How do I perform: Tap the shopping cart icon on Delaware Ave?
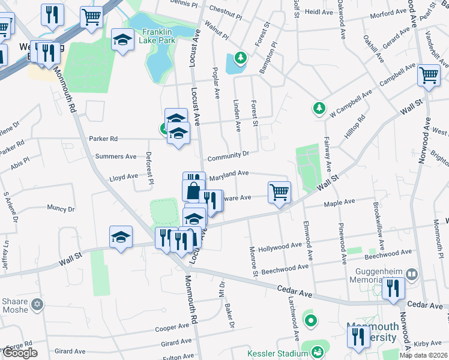(279, 193)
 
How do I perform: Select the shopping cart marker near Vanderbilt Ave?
(429, 76)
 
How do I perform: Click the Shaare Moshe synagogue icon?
(38, 304)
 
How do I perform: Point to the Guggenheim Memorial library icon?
(412, 274)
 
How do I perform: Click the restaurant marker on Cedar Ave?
(394, 288)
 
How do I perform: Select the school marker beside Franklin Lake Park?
(122, 40)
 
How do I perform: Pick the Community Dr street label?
(228, 155)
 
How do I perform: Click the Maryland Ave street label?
(229, 173)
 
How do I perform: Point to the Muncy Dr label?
(60, 209)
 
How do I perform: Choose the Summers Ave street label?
(116, 157)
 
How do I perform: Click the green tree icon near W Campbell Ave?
(319, 109)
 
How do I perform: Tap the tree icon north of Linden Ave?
(240, 58)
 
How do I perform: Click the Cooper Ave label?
(172, 328)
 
